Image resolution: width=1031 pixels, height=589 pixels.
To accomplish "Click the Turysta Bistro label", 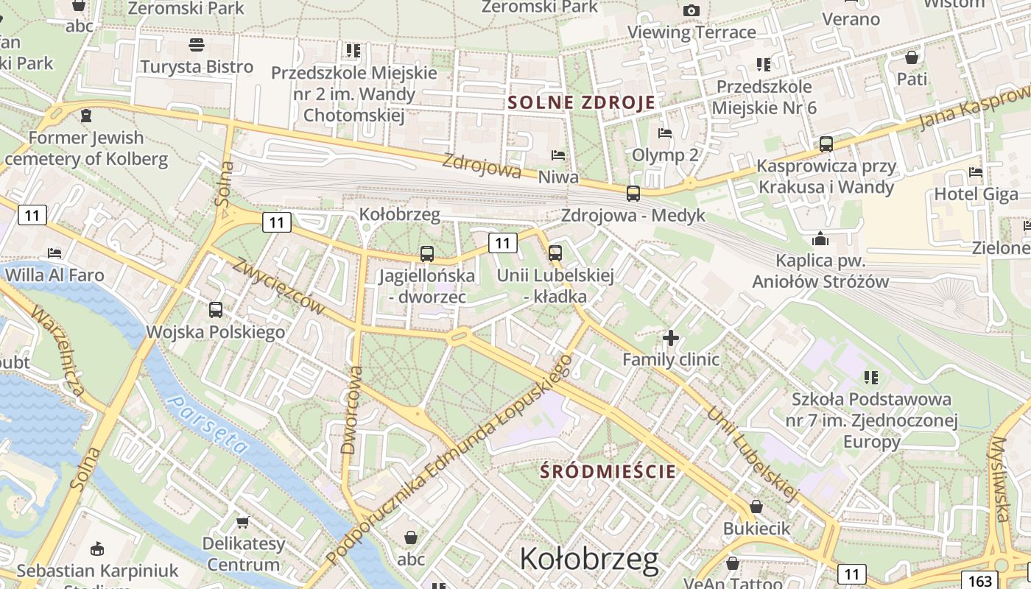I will click(x=197, y=67).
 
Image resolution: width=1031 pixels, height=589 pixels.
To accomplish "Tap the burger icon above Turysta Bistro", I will click(x=197, y=45).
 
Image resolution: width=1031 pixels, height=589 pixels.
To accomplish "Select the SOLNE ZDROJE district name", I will click(x=581, y=102).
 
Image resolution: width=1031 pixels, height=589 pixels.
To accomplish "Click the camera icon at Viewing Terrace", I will click(x=691, y=10).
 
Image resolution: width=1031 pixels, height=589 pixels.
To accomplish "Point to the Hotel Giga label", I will click(x=976, y=194).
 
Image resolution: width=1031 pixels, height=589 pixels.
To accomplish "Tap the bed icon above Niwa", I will click(x=558, y=155).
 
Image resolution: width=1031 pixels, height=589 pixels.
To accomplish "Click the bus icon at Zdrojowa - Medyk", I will click(x=633, y=194).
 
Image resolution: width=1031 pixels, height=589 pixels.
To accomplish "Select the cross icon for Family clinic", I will click(x=670, y=338).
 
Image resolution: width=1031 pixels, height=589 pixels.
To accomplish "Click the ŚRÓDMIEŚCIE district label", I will click(x=608, y=471).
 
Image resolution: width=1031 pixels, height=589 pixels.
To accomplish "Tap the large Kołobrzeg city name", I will click(x=589, y=560).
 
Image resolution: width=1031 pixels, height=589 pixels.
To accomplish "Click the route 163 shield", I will click(x=981, y=581).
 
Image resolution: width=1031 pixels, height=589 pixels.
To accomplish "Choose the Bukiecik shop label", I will click(x=756, y=529).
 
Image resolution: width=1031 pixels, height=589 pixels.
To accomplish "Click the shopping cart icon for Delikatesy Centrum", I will click(x=243, y=522).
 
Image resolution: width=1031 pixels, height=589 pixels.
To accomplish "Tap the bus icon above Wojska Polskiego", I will click(x=215, y=310).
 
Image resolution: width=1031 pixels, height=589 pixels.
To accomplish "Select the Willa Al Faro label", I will click(x=54, y=275).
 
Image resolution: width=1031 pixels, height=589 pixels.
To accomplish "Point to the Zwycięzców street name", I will click(x=279, y=285).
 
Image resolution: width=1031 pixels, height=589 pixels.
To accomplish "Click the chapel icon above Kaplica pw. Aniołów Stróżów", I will click(x=820, y=239).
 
